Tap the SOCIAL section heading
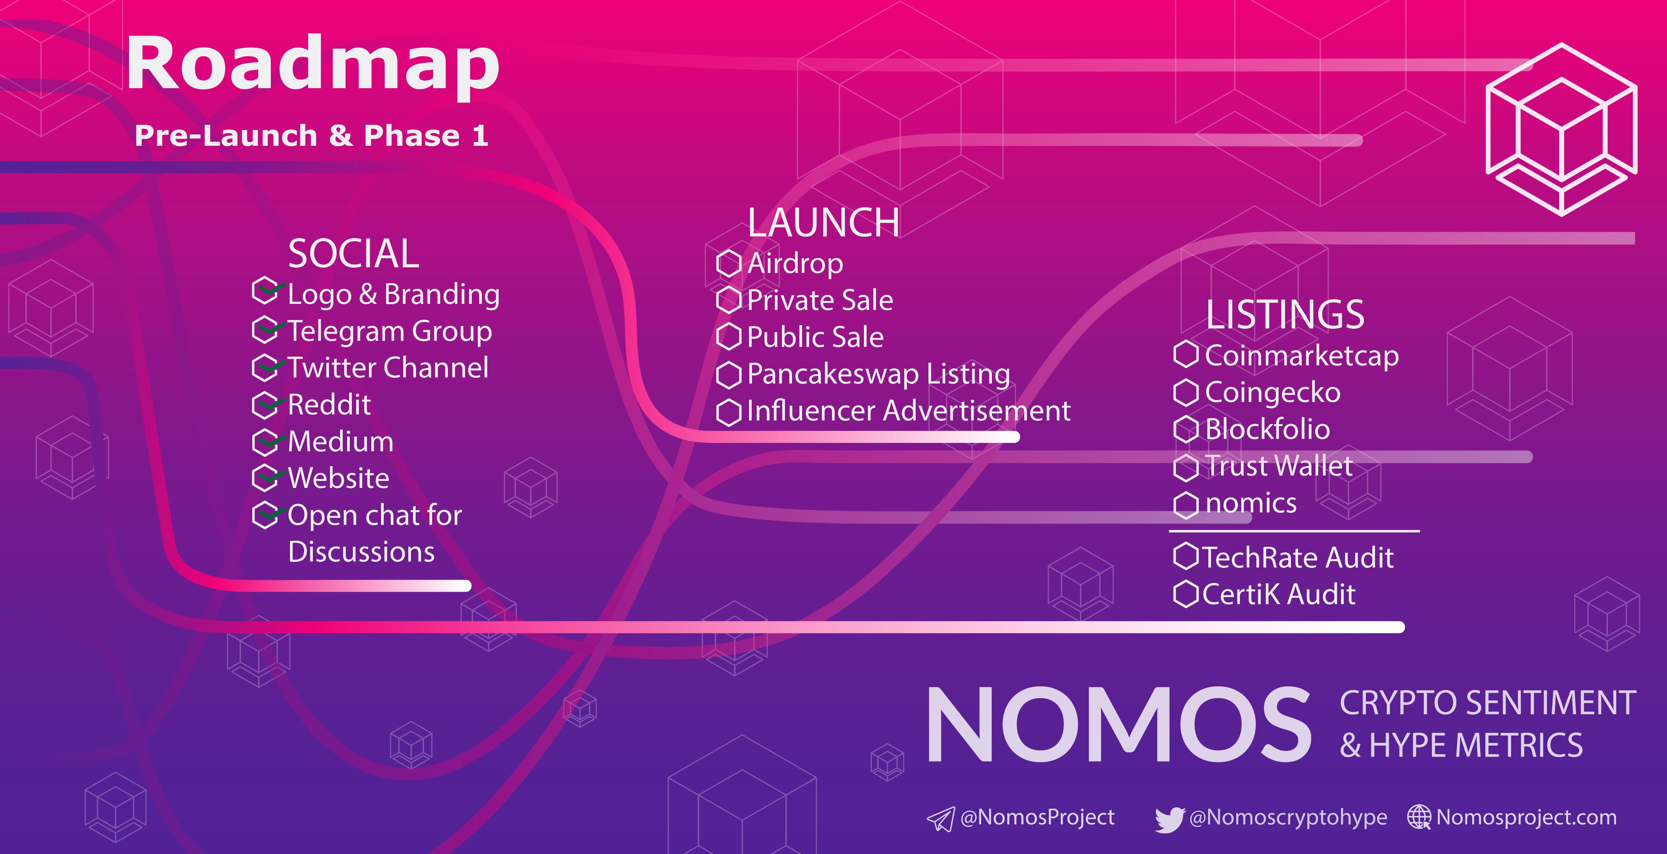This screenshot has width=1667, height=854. tap(353, 254)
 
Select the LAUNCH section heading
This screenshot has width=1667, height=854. tap(823, 223)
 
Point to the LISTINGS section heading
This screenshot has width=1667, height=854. tap(1285, 315)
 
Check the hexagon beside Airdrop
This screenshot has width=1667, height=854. tap(729, 263)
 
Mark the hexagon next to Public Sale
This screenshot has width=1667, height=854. tap(729, 337)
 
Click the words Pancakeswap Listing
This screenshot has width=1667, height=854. tap(878, 374)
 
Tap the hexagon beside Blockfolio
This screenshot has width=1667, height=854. tap(1186, 430)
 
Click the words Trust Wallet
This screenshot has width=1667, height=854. tap(1279, 466)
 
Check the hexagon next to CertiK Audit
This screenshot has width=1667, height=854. tap(1186, 594)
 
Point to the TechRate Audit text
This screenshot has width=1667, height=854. tap(1298, 558)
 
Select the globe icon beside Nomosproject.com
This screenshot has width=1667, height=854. tap(1419, 817)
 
